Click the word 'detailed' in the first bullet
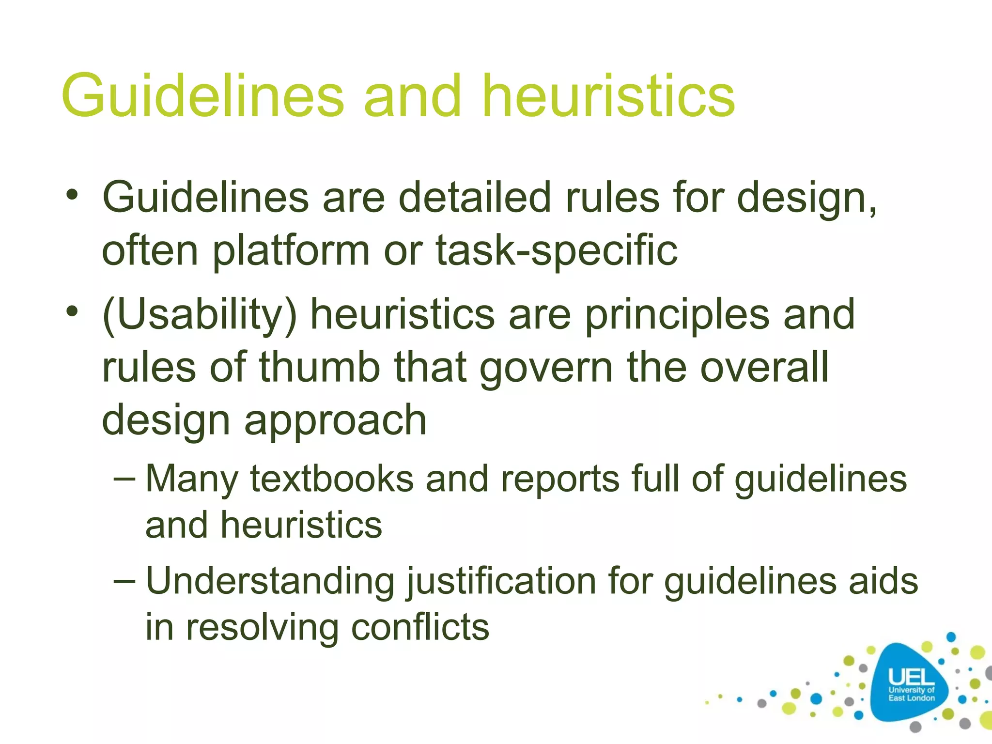pos(475,198)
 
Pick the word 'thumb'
pos(320,367)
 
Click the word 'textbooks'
pos(332,479)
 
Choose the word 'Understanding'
pos(270,581)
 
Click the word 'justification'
pos(501,581)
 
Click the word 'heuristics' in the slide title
pos(609,95)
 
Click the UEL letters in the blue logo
pos(911,677)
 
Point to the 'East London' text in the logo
pos(911,698)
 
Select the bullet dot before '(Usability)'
pos(72,311)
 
